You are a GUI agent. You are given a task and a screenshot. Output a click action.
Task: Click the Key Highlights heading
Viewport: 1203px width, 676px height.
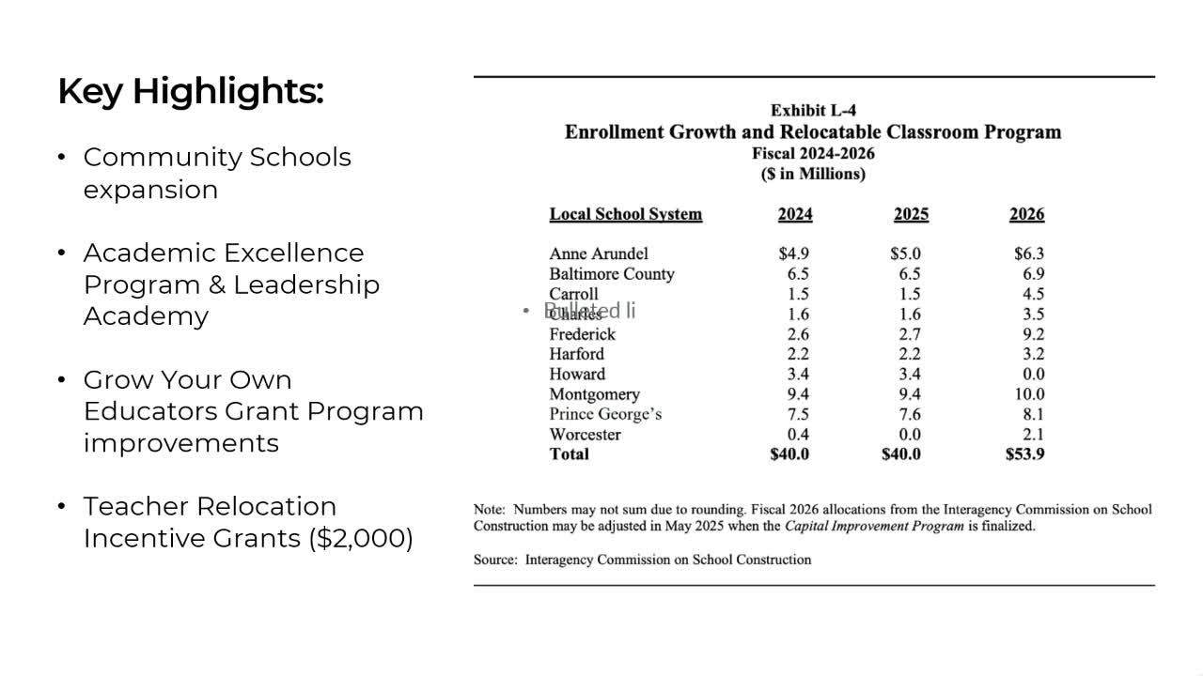click(191, 92)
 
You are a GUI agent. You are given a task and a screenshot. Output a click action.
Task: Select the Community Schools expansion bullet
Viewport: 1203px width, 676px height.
click(216, 173)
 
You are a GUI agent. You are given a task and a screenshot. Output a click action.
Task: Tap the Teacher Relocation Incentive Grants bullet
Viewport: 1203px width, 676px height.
click(248, 522)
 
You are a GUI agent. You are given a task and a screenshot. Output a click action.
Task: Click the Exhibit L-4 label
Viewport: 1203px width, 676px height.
click(813, 111)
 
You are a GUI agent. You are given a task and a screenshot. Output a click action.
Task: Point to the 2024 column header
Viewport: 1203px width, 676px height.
click(795, 214)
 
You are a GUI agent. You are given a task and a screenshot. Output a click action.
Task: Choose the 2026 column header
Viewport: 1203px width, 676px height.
click(1026, 214)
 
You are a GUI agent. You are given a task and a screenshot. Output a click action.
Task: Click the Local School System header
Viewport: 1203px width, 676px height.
click(625, 214)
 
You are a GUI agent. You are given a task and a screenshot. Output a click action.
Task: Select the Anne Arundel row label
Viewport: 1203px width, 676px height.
click(599, 253)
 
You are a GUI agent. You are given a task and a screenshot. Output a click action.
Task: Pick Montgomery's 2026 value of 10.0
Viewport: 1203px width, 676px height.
click(1029, 394)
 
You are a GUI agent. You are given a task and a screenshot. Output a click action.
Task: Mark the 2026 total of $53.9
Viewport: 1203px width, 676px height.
click(1024, 454)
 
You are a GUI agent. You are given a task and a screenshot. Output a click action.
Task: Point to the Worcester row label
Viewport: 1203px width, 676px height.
click(585, 435)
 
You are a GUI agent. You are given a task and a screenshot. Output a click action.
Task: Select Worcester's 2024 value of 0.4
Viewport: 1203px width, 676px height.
click(798, 435)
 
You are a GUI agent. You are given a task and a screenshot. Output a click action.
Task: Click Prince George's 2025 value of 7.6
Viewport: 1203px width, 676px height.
click(910, 414)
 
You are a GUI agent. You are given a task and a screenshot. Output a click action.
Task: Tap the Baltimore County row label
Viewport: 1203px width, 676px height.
click(612, 274)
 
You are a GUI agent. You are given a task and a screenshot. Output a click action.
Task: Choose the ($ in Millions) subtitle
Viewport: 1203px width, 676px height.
click(813, 174)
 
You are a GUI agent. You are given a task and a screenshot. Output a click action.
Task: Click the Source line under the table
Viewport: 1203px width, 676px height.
click(642, 560)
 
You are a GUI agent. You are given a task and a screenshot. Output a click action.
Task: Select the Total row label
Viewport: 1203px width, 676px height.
click(570, 454)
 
